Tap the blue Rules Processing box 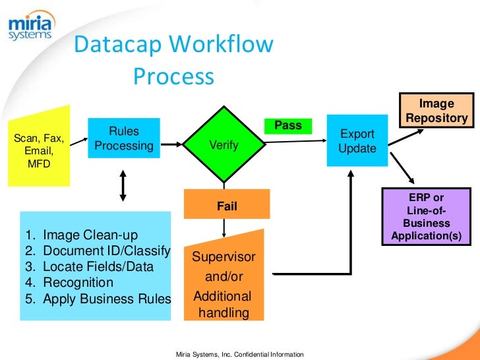tap(124, 138)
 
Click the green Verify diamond tap(224, 144)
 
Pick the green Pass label tap(287, 125)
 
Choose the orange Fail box tap(227, 206)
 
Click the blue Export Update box tap(357, 141)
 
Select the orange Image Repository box tap(437, 111)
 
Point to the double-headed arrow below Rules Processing tap(123, 184)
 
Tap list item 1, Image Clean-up tap(90, 235)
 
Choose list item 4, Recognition tap(78, 283)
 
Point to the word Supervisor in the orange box tap(224, 256)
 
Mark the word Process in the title tap(173, 76)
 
